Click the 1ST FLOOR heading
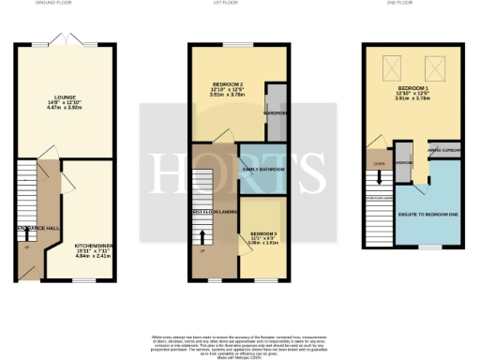pyautogui.click(x=240, y=4)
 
